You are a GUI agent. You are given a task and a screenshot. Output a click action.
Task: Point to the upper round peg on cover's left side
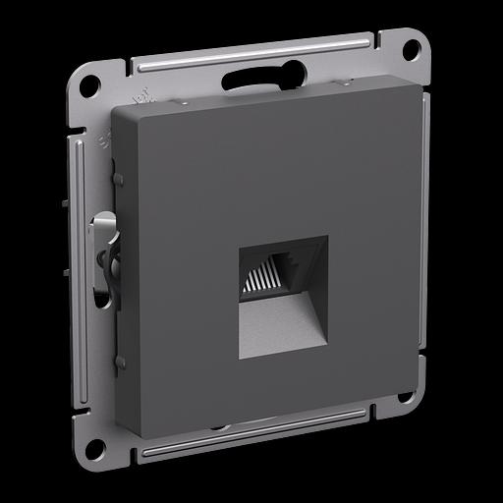pos(118,179)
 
